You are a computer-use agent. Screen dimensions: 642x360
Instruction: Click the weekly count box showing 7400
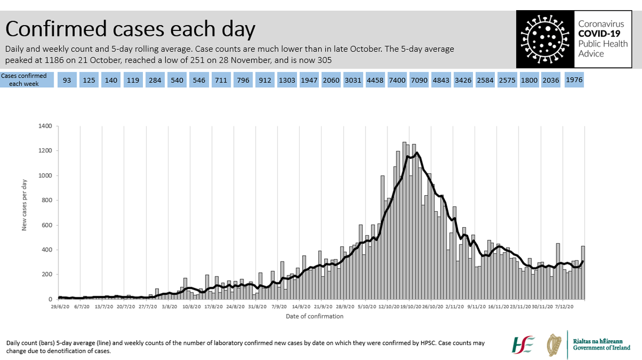[397, 80]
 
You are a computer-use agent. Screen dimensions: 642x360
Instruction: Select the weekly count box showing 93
[67, 80]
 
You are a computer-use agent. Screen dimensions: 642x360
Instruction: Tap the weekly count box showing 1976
[574, 80]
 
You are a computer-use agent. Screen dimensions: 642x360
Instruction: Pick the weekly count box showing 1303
[287, 80]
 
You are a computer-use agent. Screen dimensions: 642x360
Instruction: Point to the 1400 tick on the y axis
[45, 126]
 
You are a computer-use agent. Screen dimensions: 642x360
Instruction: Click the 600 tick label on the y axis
[47, 225]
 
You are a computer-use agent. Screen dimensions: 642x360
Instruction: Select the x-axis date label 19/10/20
[411, 307]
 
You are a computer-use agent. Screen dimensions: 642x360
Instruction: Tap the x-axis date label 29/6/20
[60, 307]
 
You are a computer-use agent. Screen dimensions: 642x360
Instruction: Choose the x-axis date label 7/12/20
[564, 307]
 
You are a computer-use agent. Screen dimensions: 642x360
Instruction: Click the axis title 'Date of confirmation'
[315, 317]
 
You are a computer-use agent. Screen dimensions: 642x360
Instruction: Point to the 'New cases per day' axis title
[25, 205]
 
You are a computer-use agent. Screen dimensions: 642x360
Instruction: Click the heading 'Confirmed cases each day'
[131, 29]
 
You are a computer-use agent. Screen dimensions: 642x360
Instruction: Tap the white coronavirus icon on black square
[545, 39]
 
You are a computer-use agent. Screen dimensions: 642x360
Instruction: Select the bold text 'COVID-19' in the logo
[599, 34]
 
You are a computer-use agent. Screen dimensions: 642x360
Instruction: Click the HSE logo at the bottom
[523, 345]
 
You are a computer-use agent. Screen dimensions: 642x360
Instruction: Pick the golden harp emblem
[554, 345]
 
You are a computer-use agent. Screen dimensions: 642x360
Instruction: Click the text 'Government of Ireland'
[601, 348]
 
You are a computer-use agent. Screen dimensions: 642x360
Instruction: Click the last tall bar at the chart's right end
[583, 273]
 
